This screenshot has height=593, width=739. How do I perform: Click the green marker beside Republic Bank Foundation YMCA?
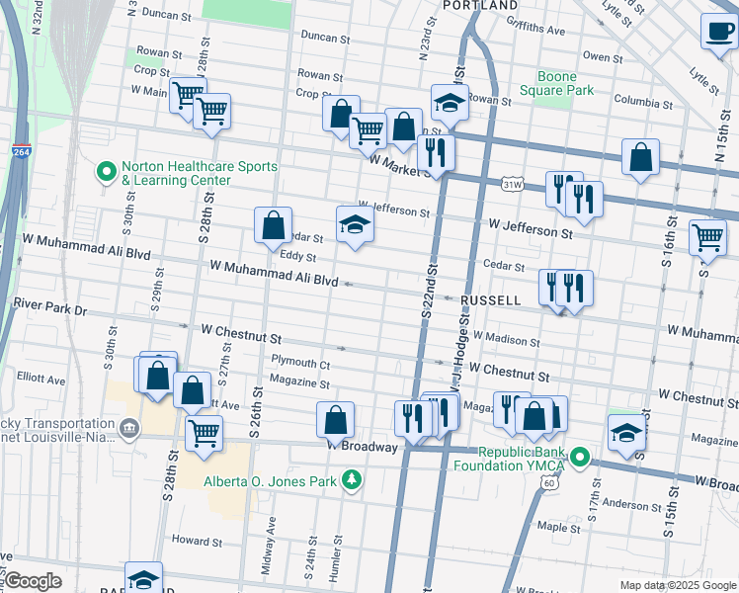pyautogui.click(x=580, y=458)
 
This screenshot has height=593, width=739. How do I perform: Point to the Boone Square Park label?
pyautogui.click(x=564, y=83)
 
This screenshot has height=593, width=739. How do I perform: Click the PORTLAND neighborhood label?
pyautogui.click(x=479, y=6)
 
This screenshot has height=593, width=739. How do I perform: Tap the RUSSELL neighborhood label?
pyautogui.click(x=490, y=299)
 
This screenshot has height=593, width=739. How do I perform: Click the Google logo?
pyautogui.click(x=33, y=581)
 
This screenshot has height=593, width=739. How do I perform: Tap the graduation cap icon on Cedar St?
pyautogui.click(x=355, y=224)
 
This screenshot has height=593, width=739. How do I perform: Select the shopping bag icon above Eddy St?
pyautogui.click(x=273, y=224)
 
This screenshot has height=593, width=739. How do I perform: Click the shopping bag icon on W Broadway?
pyautogui.click(x=335, y=419)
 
